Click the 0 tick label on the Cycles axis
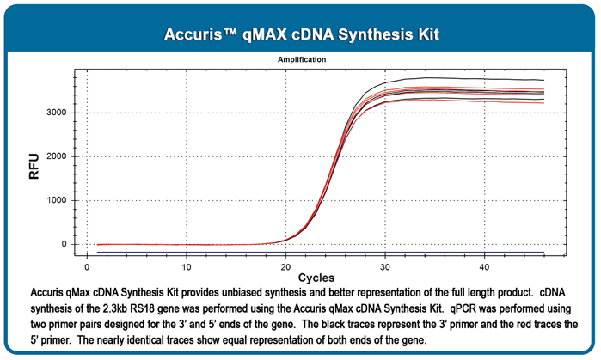(88, 265)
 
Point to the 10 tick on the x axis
(187, 265)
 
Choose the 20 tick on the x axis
(285, 265)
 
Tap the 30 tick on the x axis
(385, 265)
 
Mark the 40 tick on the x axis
(484, 265)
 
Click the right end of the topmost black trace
(543, 80)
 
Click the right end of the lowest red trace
(543, 103)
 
